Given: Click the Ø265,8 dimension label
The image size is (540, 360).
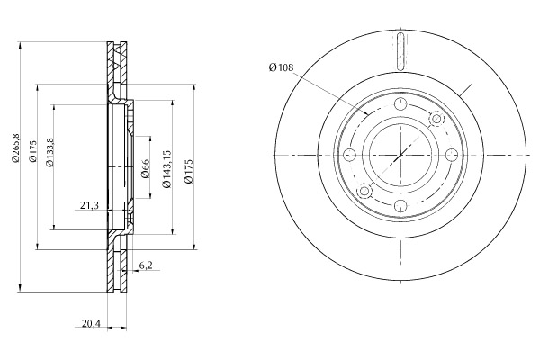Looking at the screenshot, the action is pos(14,148).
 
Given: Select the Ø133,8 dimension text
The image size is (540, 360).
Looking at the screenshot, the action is pos(49,153).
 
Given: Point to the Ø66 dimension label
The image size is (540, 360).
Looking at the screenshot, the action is pos(146,169).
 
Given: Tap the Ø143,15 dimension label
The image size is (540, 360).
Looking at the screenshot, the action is pos(166,169).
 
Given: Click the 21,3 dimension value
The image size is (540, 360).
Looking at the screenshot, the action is pos(89,206).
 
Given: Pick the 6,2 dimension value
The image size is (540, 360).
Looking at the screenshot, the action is pos(146,265).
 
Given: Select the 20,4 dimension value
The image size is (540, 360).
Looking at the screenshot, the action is pos(91,323).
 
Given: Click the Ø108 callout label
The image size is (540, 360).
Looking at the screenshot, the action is pos(281,67).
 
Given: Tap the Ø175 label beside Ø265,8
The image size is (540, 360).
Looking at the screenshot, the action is pos(32,151).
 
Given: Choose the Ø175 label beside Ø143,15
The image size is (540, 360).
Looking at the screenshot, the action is pos(188,171).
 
